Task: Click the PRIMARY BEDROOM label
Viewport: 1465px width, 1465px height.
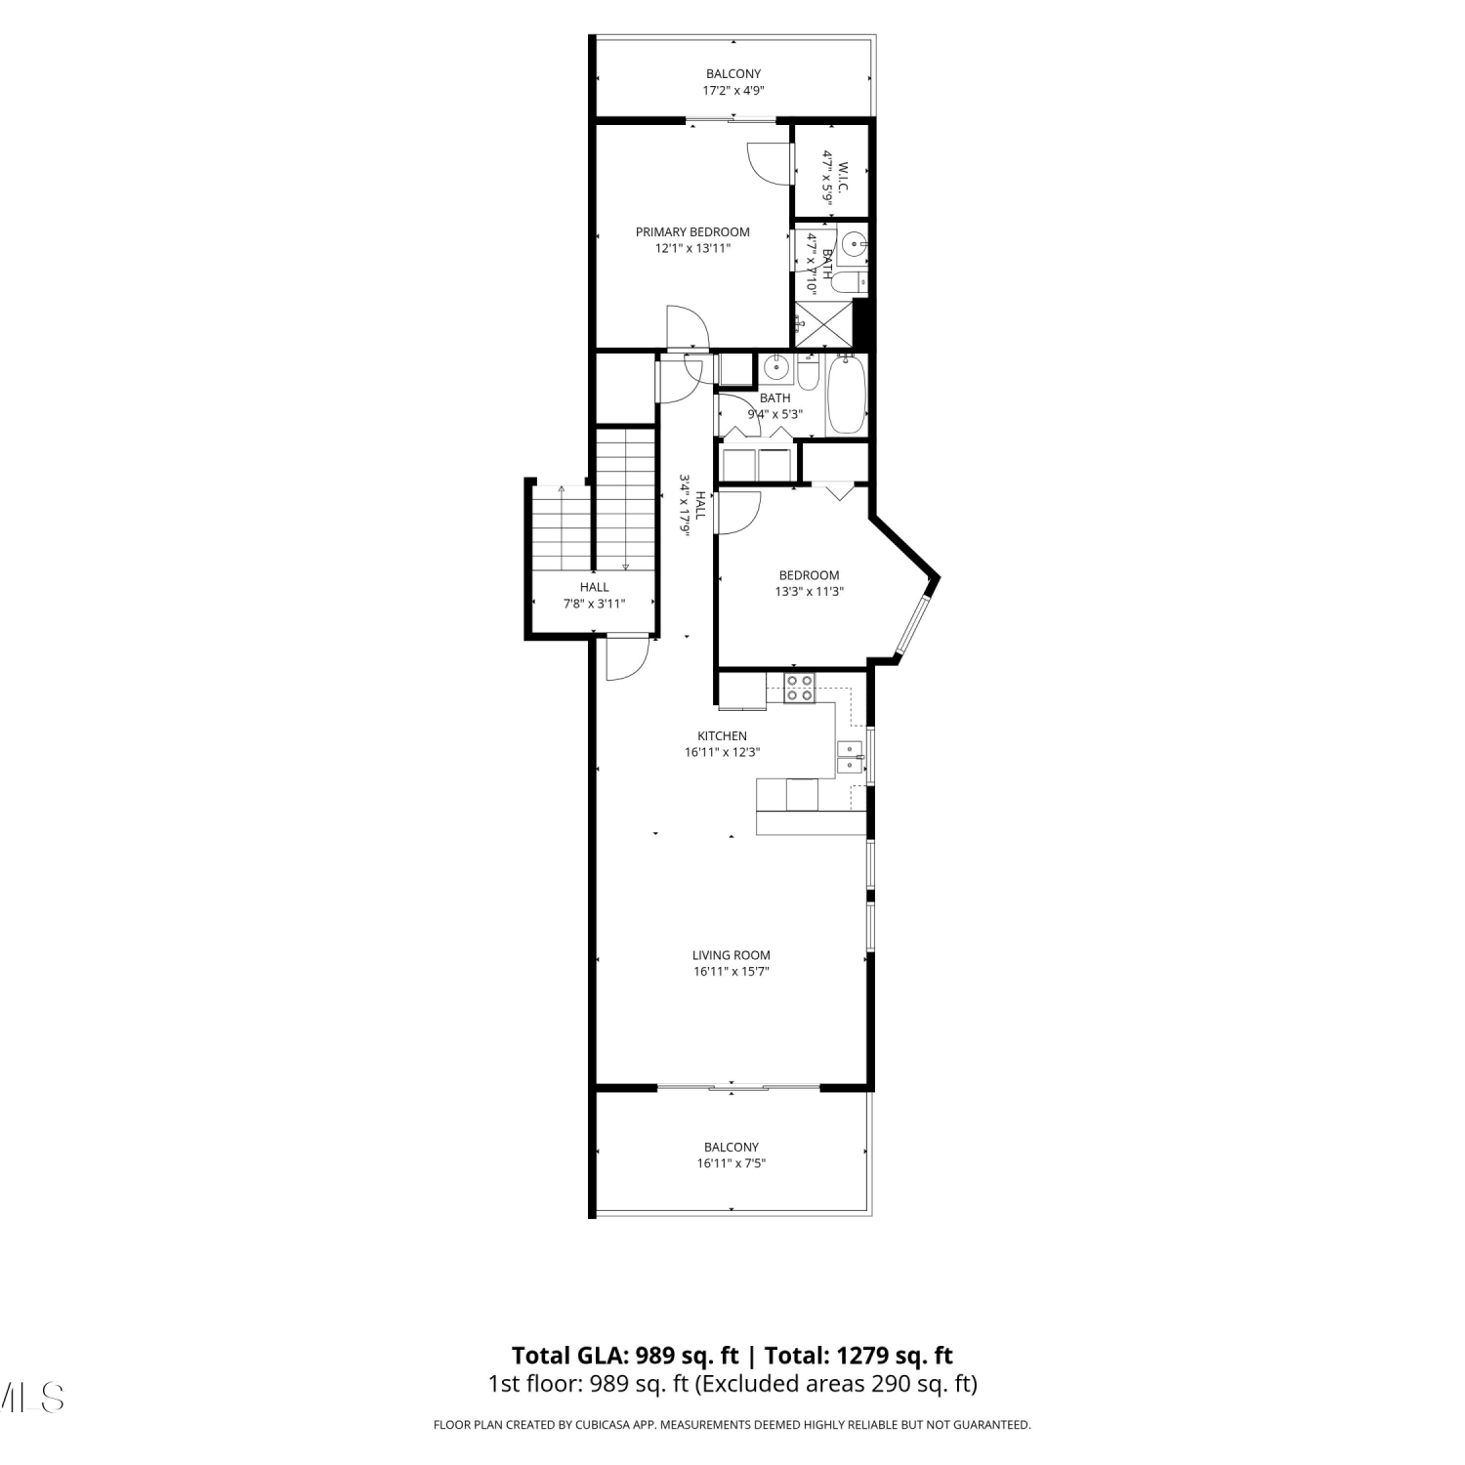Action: coord(692,231)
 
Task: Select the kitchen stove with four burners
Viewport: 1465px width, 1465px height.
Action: coord(801,688)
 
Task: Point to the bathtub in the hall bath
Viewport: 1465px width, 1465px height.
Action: coord(846,396)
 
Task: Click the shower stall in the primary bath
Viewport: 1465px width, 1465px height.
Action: coord(823,324)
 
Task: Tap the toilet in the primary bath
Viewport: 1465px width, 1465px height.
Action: coord(847,282)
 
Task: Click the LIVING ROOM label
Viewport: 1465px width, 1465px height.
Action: coord(732,955)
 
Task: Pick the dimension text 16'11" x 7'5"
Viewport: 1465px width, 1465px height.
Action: coord(732,1163)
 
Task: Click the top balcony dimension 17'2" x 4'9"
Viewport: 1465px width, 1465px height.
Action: coord(733,90)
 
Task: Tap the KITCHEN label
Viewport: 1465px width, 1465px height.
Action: coord(722,736)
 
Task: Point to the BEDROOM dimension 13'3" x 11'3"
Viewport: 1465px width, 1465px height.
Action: coord(809,591)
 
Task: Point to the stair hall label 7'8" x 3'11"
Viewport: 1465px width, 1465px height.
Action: coord(594,604)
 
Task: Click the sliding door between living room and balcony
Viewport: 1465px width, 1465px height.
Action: coord(738,1087)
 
